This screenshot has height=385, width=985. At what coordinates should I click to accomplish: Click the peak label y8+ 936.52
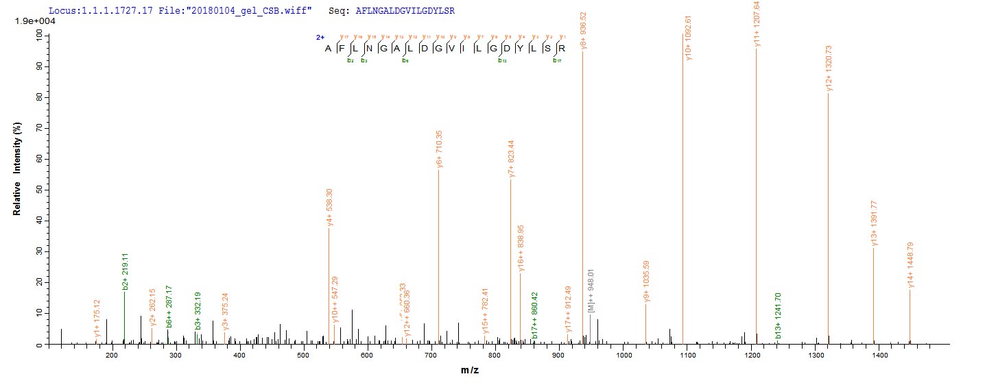point(583,30)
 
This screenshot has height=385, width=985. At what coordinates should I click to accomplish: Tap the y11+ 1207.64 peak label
point(757,24)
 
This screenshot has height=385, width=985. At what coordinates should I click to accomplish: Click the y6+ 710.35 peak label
point(439,149)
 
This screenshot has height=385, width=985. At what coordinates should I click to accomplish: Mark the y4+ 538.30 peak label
point(330,208)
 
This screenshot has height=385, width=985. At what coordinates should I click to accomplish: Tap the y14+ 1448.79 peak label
point(910,266)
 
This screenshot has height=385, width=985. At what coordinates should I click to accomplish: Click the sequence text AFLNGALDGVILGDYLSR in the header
point(405,12)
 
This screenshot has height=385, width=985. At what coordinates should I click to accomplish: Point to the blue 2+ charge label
point(320,38)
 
